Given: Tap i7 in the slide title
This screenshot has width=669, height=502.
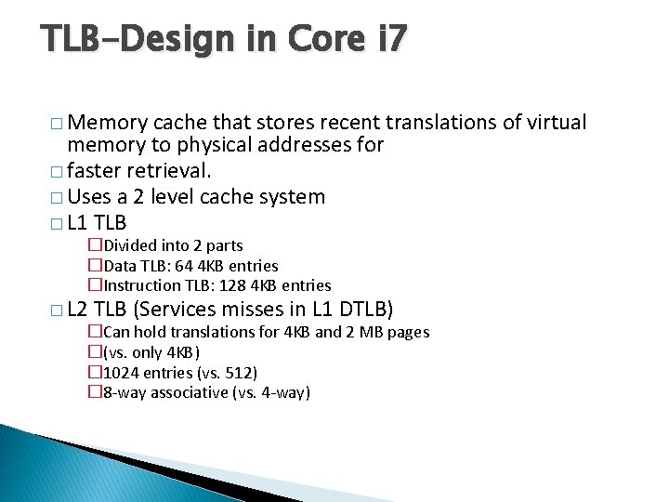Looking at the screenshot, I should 387,39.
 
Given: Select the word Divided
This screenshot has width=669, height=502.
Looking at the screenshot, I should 129,245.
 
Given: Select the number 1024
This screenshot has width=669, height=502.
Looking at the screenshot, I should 122,373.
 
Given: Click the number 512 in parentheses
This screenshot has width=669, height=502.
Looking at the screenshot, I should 239,373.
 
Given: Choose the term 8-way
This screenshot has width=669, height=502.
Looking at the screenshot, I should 124,392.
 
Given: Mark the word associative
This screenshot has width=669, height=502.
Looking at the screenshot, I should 186,392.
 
